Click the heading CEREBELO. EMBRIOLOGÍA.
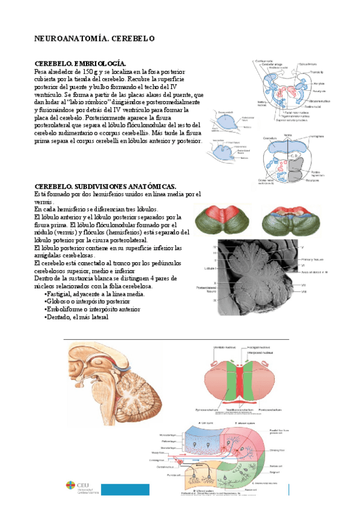(81, 64)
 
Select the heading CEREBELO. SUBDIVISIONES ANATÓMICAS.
(105, 186)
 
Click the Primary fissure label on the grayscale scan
(310, 259)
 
